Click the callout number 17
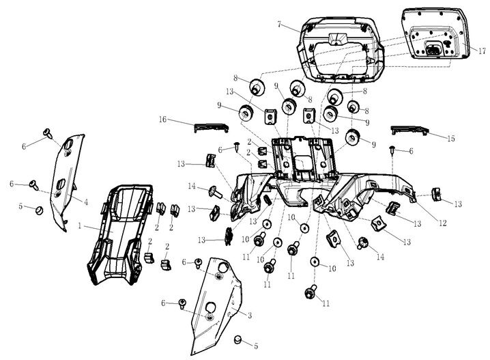[x=482, y=51]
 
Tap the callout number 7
[x=280, y=24]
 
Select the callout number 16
[x=163, y=120]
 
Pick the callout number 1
[x=81, y=225]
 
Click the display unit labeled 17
[x=437, y=34]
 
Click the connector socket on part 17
[x=434, y=48]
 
